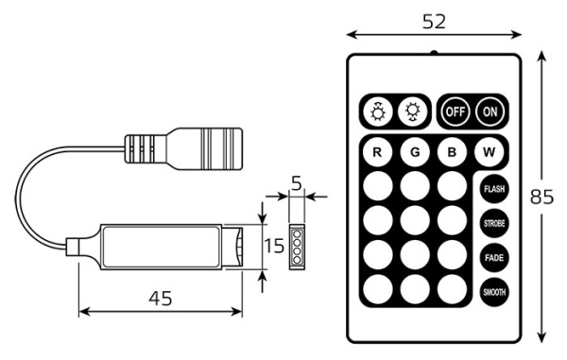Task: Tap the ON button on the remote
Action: pos(490,111)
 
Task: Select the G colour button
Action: pos(414,151)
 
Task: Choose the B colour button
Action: pos(453,151)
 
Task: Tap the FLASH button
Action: pos(492,189)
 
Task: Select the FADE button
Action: pos(492,257)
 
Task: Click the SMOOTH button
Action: pos(492,292)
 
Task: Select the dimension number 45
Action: pos(162,299)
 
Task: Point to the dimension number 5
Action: pos(296,183)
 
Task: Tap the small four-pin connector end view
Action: pos(296,246)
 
